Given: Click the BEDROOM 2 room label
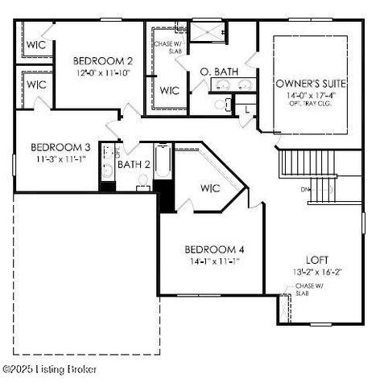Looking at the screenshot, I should (102, 60).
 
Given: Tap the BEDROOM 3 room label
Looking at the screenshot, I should (60, 147).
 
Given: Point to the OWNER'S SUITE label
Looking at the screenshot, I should (310, 83).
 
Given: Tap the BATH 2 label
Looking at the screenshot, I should (134, 165).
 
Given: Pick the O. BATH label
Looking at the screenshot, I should (218, 72).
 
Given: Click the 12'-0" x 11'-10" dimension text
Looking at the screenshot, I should (102, 73).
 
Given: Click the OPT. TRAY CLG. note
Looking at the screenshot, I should (310, 105).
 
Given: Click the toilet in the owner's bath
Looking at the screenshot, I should (220, 104).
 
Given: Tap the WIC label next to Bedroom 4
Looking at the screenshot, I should (210, 188).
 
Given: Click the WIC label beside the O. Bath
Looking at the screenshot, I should (170, 90).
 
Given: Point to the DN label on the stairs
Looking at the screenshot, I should (306, 190).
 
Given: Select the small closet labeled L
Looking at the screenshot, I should (247, 108).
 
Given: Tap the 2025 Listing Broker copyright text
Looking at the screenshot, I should (50, 369).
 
